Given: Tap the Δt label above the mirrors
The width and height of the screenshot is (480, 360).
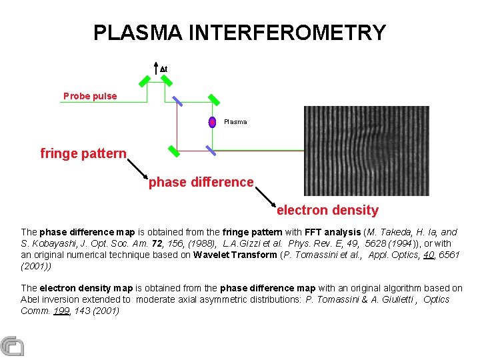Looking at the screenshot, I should (x=163, y=69).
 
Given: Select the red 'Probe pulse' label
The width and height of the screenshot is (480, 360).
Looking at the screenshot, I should (x=90, y=96).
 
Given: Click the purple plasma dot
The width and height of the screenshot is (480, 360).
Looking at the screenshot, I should (x=212, y=122).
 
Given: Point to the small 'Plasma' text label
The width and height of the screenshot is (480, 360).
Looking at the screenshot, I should (x=235, y=122).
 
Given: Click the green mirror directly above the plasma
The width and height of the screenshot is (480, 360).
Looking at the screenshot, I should (x=214, y=99).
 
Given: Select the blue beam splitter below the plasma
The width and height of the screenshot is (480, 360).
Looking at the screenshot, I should (x=210, y=150).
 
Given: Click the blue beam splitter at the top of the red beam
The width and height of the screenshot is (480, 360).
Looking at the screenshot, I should (x=177, y=101).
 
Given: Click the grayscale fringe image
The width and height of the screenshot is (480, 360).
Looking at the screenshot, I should (x=367, y=151).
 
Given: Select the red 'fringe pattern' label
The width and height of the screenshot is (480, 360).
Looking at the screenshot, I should (x=83, y=153).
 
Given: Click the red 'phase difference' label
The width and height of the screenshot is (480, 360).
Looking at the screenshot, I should (x=201, y=182).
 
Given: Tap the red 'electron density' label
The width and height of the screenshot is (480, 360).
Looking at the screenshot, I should (x=327, y=211).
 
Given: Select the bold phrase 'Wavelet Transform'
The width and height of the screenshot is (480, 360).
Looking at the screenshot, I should (x=235, y=255).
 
